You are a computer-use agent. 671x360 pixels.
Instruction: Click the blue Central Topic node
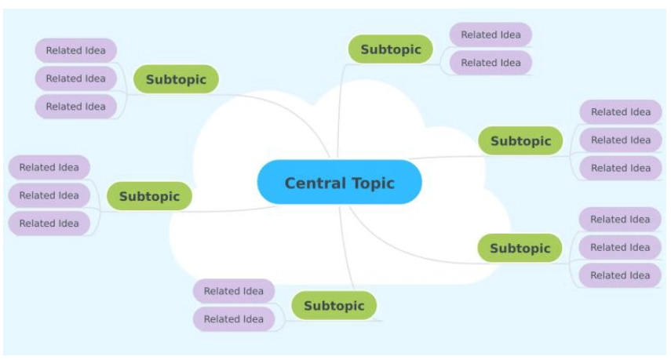coord(339,183)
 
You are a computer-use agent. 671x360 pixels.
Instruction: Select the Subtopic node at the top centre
coord(390,49)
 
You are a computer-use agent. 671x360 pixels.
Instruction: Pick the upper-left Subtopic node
coord(176,79)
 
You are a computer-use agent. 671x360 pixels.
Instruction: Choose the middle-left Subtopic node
coord(149,196)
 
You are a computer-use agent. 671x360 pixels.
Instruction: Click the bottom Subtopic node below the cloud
coord(334,305)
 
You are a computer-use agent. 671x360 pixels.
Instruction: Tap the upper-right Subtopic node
coord(520,141)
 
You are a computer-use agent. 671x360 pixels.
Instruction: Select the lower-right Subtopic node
coord(520,248)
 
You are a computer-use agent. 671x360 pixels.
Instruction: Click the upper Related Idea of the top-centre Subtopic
coord(490,35)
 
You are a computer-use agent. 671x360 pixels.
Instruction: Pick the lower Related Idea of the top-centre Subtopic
coord(490,63)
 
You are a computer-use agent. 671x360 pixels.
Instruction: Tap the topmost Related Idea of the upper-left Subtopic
coord(75,50)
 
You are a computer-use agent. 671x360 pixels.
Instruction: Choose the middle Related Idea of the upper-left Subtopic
coord(75,78)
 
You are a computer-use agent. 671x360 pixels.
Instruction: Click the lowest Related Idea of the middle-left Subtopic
coord(49,224)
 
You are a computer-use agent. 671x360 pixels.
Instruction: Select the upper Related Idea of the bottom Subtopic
coord(233,291)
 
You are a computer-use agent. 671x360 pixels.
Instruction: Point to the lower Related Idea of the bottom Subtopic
coord(233,319)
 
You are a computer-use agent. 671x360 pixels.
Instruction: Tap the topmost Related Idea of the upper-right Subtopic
coord(620,112)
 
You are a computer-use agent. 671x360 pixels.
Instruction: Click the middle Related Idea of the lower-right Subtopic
coord(619,247)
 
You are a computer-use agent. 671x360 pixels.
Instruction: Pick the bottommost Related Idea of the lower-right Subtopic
coord(619,275)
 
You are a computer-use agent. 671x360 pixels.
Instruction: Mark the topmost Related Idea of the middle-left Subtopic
coord(49,167)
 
